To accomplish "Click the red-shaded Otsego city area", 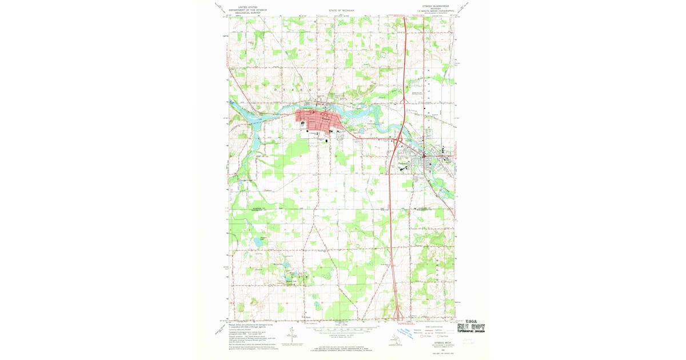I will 318,121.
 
